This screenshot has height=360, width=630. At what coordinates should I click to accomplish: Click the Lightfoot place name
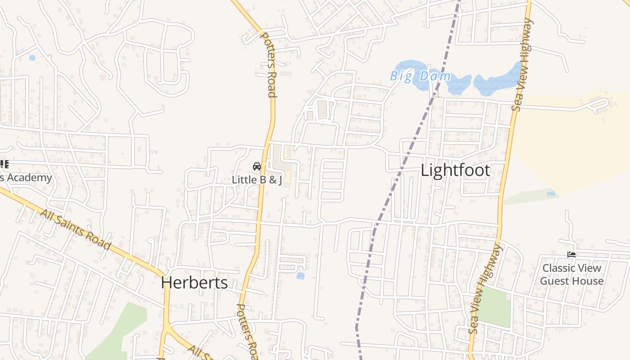coord(455,171)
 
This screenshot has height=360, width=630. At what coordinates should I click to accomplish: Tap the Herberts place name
coord(194,283)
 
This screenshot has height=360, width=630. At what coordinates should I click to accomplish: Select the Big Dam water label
coord(420,76)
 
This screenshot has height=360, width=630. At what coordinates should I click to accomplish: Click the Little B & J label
coord(256,180)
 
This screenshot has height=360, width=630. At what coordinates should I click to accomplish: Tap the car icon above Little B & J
coord(257,166)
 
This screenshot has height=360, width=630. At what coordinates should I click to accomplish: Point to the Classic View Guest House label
coord(571,274)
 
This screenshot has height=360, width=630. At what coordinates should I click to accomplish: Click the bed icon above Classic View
coord(571,255)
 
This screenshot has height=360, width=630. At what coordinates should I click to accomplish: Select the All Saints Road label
coord(75,229)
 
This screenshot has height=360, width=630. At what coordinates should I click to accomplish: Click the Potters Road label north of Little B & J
coord(268,65)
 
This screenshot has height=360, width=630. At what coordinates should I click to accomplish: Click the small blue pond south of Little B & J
coord(300,276)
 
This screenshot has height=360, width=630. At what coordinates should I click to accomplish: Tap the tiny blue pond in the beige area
coord(551,193)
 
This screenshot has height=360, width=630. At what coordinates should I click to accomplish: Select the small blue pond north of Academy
coord(32,58)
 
